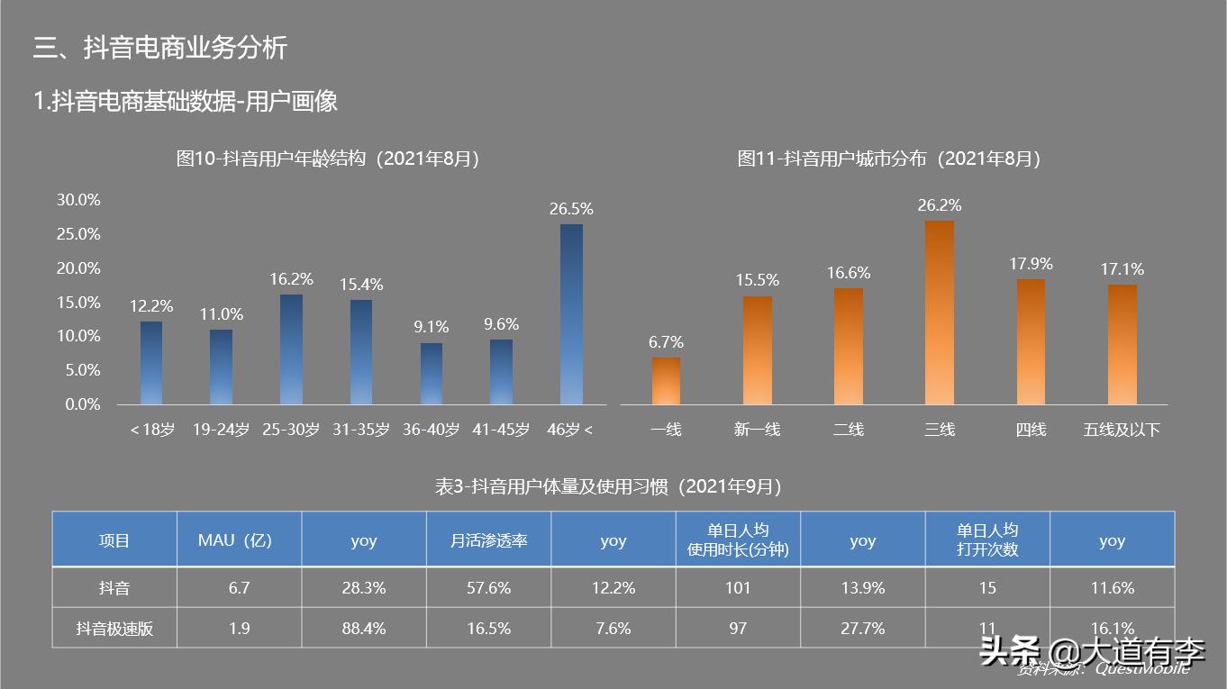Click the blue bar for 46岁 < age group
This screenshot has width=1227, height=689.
(571, 314)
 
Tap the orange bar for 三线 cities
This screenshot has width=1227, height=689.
(940, 313)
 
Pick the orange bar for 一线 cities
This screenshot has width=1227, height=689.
(666, 381)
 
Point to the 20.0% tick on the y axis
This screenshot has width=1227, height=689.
(78, 268)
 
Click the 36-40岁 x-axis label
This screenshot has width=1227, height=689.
(431, 431)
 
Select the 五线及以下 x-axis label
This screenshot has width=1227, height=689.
(1122, 431)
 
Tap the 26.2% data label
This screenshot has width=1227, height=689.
(940, 205)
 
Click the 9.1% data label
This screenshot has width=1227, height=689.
(431, 327)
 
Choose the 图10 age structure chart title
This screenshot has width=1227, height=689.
(327, 159)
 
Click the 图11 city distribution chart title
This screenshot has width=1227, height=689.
(888, 159)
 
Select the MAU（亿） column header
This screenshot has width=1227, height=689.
(239, 540)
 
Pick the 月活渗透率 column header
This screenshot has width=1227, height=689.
(488, 540)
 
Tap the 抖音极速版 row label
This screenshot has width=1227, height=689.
(114, 629)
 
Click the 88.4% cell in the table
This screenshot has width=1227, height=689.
(363, 629)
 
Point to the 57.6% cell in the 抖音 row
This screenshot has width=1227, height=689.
(488, 588)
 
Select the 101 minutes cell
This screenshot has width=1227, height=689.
(738, 588)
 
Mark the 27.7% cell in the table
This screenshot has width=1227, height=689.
(862, 629)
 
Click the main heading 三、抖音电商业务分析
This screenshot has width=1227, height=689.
(159, 47)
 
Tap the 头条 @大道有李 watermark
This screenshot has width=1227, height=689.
(1093, 651)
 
